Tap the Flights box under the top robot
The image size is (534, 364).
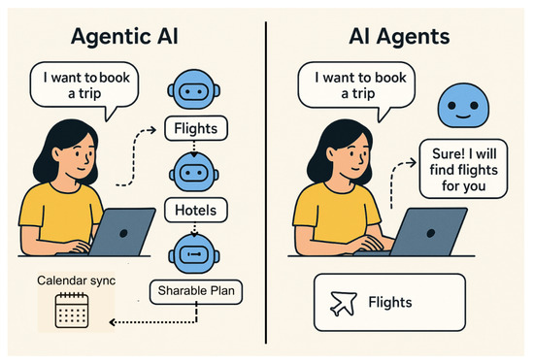197,126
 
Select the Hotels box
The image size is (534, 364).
197,208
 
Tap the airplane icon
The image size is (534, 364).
344,302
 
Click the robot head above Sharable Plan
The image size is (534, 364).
197,250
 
